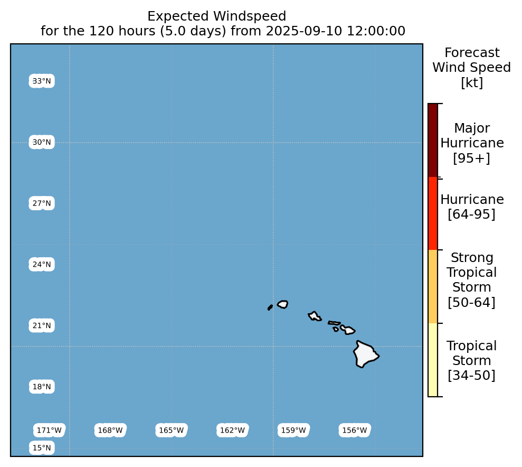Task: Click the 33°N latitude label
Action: coord(42,81)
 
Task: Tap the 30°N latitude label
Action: coord(42,142)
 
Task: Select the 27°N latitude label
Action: coord(42,203)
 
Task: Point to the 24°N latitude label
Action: coord(42,265)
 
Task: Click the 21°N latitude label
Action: coord(42,325)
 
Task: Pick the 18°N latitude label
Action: coord(42,387)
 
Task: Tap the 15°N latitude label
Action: coord(42,447)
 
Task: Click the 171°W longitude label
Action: coord(49,430)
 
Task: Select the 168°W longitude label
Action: coord(110,430)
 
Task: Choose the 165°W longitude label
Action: coord(172,430)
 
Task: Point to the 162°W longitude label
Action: coord(232,430)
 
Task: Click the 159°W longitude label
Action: coord(293,430)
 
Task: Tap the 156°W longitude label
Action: coord(355,430)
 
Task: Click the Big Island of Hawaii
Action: coord(365,354)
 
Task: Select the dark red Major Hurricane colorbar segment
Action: coord(433,140)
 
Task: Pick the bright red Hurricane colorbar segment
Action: coord(433,213)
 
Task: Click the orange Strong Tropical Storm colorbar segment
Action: coord(433,286)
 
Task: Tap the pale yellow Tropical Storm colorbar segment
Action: coord(433,360)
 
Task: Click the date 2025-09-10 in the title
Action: coord(304,31)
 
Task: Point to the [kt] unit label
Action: coord(472,82)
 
